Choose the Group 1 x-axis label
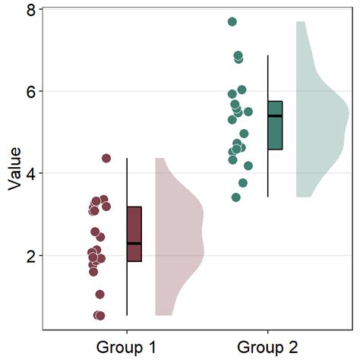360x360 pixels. coord(126,347)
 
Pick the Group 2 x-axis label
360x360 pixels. coord(268,347)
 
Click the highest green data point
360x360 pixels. coord(232,22)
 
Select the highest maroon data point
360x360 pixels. coord(106,158)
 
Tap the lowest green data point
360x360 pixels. coord(236,197)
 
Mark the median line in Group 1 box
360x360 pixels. coord(134,243)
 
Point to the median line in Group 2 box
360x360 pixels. coord(275,116)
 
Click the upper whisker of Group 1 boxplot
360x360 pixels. coord(127,182)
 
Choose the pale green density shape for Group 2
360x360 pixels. coord(319,114)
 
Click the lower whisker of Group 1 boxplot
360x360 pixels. coord(127,289)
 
